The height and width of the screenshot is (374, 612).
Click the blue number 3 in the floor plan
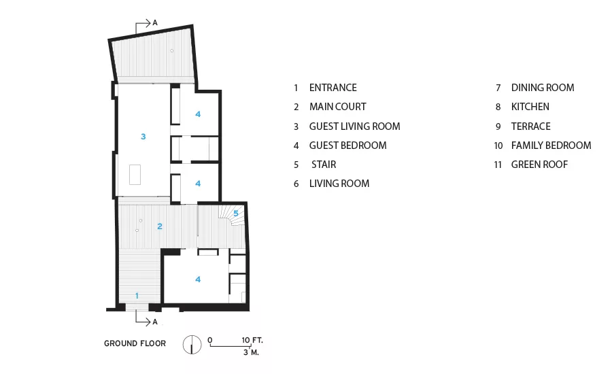tap(143, 137)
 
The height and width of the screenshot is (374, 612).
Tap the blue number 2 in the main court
tap(160, 226)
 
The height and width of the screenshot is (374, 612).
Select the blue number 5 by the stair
tap(236, 214)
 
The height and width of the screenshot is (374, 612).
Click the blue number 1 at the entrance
tap(137, 296)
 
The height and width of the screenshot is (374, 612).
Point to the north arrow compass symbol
tap(192, 344)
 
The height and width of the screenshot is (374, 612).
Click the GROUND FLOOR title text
tap(135, 343)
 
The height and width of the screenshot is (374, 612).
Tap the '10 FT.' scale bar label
tap(252, 340)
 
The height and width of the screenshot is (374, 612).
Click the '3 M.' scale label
tap(251, 352)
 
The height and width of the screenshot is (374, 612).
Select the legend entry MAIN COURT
tap(337, 107)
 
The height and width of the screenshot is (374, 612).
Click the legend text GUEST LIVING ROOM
tap(354, 126)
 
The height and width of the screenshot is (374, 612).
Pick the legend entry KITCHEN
tap(530, 107)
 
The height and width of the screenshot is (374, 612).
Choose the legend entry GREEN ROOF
tap(539, 165)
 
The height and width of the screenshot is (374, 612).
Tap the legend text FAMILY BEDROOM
tap(551, 146)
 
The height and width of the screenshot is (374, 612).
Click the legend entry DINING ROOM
tap(543, 88)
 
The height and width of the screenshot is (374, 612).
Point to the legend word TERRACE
tap(531, 126)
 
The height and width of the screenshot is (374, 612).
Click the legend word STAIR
tap(324, 165)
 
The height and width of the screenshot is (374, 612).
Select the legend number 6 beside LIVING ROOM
tap(296, 184)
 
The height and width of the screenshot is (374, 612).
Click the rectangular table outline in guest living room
tap(135, 175)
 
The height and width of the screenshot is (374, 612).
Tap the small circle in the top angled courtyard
tap(172, 51)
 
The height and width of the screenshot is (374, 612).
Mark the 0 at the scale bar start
tap(210, 340)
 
